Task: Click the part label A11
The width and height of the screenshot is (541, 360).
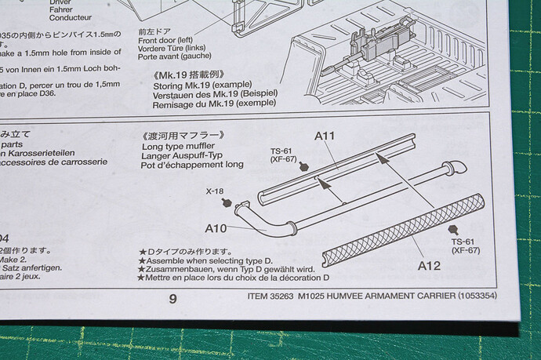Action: click(325, 136)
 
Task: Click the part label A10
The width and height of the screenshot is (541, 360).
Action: click(216, 228)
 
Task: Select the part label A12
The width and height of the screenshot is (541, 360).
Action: click(429, 265)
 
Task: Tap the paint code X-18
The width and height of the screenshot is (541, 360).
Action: click(216, 191)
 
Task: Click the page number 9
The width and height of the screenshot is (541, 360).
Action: click(172, 298)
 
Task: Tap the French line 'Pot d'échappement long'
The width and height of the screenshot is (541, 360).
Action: click(192, 165)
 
